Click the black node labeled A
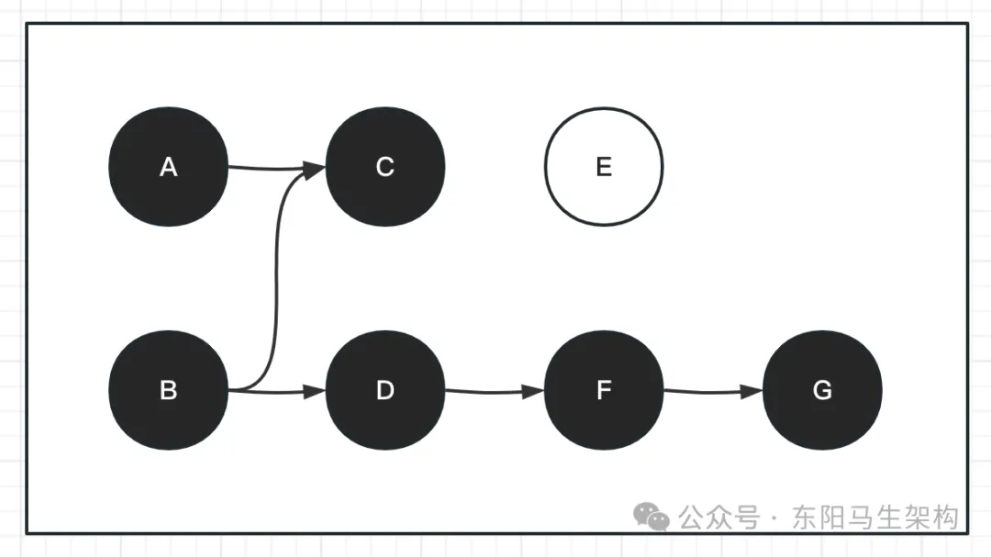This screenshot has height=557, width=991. [168, 167]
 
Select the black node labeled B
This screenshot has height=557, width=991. [168, 390]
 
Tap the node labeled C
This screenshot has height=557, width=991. [385, 167]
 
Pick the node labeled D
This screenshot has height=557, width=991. [385, 390]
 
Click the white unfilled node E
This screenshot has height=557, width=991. [604, 167]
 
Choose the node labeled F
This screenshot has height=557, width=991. [604, 390]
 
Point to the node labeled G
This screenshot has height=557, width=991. [822, 390]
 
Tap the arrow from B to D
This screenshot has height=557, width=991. [275, 392]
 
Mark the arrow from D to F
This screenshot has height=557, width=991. [494, 391]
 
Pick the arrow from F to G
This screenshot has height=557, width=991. [712, 391]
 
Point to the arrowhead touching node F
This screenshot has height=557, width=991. [535, 390]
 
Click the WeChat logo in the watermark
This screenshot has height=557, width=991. [652, 517]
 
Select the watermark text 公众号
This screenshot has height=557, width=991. [719, 518]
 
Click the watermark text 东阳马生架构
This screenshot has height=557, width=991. [874, 518]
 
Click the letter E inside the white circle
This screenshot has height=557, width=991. [604, 167]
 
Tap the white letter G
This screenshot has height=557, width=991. [822, 390]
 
